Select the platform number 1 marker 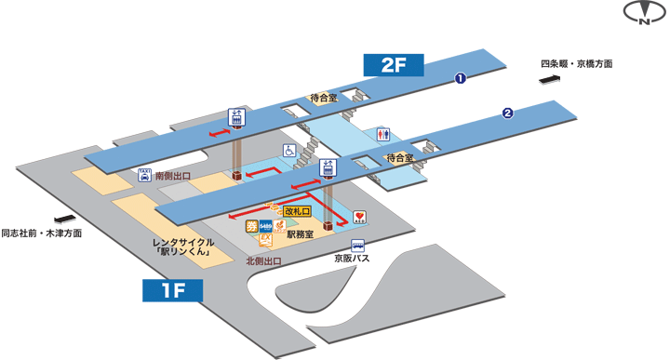click(x=459, y=79)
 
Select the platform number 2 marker click(x=507, y=113)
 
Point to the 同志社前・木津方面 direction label click(x=41, y=233)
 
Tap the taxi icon click(x=144, y=175)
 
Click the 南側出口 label click(x=172, y=174)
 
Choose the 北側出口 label click(x=264, y=261)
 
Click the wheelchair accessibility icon click(x=288, y=150)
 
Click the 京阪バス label click(x=353, y=258)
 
